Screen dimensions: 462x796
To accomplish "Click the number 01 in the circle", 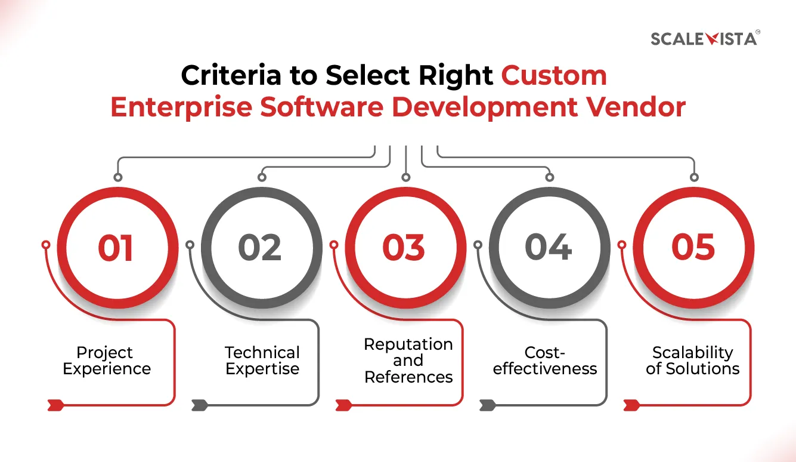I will tap(116, 248).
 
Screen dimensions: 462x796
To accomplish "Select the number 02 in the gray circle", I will tap(260, 248).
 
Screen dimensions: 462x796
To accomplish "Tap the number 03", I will tap(404, 248).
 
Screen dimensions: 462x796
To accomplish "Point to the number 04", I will tap(548, 248).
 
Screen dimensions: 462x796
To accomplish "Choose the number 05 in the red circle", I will tap(693, 248).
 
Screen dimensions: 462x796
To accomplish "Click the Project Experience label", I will tap(107, 361).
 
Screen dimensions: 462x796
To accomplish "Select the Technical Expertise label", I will tap(262, 361).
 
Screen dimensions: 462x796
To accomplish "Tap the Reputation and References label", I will tap(408, 361).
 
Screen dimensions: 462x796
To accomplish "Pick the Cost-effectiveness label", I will tap(545, 361).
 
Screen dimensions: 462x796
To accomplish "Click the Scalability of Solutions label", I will tap(692, 361).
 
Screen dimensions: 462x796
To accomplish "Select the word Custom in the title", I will tap(554, 76).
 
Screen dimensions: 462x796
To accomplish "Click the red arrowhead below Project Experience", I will tap(55, 406).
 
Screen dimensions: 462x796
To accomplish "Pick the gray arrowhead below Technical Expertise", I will tap(199, 406).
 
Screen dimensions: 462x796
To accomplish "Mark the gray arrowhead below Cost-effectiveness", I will tap(487, 406).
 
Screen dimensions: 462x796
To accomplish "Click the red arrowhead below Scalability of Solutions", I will tap(631, 406).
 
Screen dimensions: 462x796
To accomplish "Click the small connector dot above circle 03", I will tap(405, 177).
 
